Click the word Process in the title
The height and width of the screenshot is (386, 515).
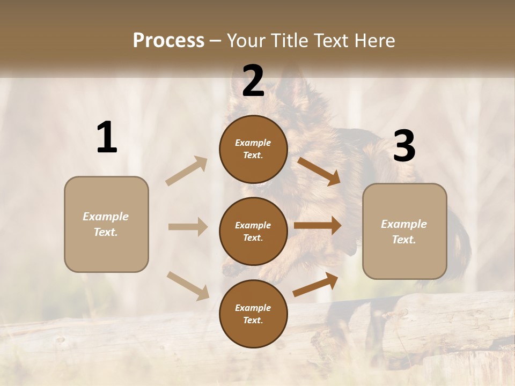168,40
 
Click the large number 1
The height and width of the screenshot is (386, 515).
107,138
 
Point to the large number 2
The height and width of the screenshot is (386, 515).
253,81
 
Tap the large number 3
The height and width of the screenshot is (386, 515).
404,146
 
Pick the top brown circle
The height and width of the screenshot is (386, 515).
253,149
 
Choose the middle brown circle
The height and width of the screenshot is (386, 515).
253,231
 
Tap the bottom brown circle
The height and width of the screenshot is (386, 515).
253,314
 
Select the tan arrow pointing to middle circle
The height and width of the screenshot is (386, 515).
188,227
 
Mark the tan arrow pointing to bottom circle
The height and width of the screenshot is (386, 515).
188,285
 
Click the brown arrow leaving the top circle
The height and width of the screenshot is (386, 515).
319,172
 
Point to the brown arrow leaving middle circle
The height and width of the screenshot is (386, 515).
318,226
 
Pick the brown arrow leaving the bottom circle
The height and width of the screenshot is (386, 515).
315,285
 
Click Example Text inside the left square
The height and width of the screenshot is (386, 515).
106,224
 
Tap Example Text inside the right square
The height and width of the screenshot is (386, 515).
404,232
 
